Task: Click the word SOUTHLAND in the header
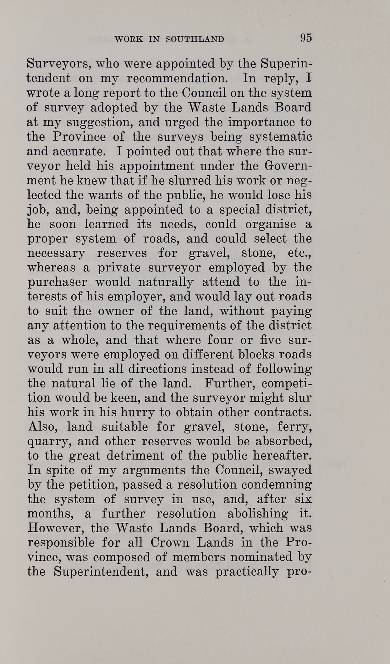pyautogui.click(x=195, y=39)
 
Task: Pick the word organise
pyautogui.click(x=270, y=224)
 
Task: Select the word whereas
pyautogui.click(x=52, y=268)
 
